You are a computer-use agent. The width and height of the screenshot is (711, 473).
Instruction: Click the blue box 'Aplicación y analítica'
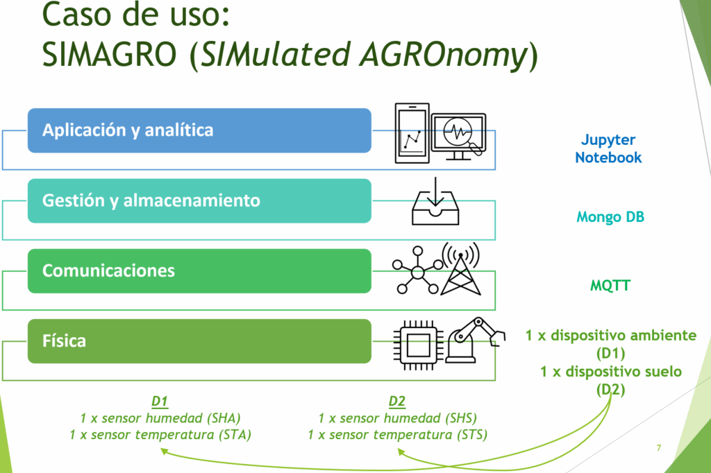point(199,130)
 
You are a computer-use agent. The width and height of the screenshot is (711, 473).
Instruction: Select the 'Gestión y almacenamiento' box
point(199,200)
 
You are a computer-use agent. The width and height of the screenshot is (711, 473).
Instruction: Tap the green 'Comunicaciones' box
point(199,271)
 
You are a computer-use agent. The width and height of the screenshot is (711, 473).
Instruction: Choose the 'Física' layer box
point(199,341)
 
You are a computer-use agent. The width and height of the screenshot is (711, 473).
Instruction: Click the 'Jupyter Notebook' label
point(608,148)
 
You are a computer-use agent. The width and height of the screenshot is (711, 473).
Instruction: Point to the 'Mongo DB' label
point(610,217)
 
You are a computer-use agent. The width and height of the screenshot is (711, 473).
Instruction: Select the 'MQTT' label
point(610,286)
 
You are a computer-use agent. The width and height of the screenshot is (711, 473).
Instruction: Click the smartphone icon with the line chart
point(412,132)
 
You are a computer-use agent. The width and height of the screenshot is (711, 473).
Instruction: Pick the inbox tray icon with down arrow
point(435,201)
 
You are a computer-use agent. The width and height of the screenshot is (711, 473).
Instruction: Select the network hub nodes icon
point(417,271)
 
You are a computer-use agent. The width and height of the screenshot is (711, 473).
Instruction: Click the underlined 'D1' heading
point(160,402)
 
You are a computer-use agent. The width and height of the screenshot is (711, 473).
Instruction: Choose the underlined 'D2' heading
point(397,402)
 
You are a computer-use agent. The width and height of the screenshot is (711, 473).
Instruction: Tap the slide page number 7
point(659,448)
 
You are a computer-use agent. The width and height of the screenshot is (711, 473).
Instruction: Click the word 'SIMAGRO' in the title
point(109,54)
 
